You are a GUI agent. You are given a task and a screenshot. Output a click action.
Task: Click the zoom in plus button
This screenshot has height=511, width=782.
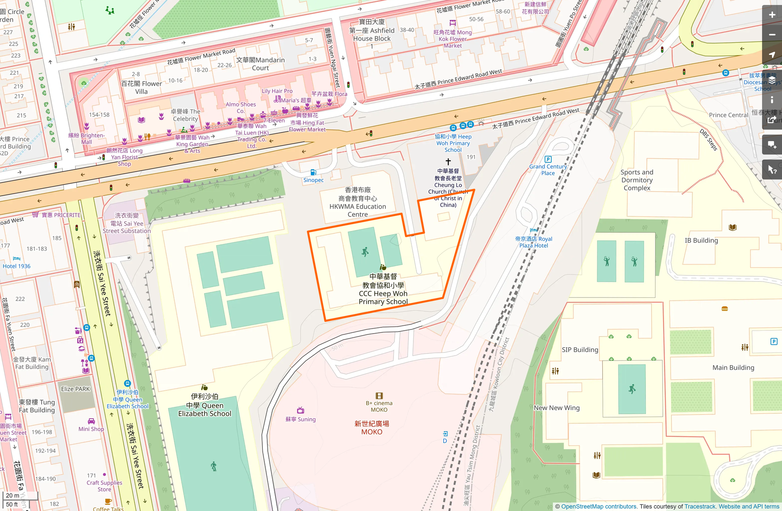point(772,15)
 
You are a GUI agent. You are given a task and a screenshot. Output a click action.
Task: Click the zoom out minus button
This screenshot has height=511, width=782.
point(772,35)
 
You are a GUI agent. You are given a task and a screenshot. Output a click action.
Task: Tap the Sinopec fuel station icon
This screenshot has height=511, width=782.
point(313,172)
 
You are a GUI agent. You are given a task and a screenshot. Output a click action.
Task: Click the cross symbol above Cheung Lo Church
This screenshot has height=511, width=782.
point(448,162)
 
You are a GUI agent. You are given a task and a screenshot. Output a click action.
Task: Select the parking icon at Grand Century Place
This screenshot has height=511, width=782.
point(548,159)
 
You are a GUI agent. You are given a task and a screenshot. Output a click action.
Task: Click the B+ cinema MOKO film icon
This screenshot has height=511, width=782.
point(379,396)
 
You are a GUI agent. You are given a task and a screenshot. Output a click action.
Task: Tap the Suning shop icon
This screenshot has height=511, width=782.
point(301,410)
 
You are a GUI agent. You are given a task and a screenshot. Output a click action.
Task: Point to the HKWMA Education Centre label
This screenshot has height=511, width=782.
point(357,202)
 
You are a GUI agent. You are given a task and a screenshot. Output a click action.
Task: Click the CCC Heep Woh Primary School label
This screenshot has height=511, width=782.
point(383,289)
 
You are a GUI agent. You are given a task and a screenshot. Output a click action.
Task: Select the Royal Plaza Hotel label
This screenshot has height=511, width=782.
point(533,242)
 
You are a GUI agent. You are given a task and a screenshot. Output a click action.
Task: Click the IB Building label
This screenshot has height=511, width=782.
point(701,241)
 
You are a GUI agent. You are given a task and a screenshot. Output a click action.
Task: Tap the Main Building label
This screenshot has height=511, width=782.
point(733,368)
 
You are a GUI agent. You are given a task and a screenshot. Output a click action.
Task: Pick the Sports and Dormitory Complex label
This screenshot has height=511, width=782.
point(637,180)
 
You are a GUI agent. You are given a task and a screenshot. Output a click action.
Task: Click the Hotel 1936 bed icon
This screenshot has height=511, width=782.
point(17,258)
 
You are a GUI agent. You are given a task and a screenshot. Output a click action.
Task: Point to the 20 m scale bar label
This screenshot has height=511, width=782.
point(13,495)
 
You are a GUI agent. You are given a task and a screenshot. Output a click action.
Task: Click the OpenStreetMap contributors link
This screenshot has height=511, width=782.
point(599,506)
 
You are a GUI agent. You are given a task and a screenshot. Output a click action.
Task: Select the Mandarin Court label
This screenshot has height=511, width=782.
point(261,64)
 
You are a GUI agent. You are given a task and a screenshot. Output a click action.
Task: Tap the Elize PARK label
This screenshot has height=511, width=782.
point(76,389)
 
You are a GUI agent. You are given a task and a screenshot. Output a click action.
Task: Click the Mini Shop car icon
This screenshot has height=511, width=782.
point(91,421)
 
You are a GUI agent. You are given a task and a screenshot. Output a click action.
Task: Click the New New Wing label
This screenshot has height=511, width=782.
point(557,408)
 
